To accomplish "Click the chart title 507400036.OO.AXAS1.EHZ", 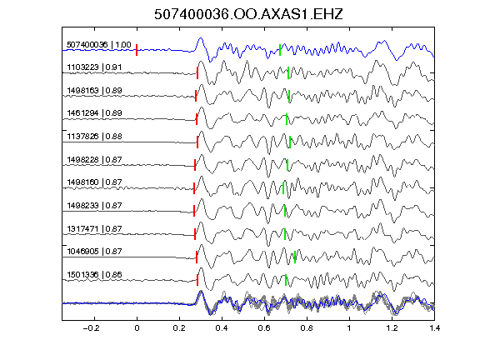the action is pos(248,14).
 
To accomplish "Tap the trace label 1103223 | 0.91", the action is pos(94,67).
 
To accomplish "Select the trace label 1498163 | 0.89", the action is pos(94,91).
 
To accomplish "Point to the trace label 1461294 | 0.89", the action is pos(94,113).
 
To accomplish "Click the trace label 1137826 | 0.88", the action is pos(94,136).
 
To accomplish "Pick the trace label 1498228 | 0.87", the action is pos(94,159).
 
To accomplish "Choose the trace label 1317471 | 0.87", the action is pos(94,228).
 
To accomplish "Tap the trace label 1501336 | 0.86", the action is pos(94,275).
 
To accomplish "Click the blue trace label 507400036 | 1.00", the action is pos(99,45).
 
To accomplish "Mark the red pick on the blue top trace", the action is pos(137,50).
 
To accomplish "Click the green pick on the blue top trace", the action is pos(280,50).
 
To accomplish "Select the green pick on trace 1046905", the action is pos(295,257).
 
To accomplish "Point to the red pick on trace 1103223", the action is pos(197,73).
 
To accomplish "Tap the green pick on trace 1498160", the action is pos(283,188).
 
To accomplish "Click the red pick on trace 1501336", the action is pos(197,280).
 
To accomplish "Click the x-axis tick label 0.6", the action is pos(264,328).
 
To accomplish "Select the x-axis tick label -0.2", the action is pos(92,328).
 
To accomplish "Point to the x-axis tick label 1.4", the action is pos(434,328).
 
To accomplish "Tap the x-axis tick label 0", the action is pos(137,328).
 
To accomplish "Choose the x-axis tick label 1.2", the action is pos(392,328).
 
